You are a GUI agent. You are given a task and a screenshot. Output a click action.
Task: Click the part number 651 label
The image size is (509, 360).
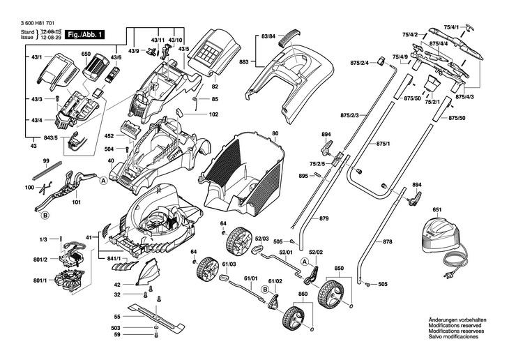pos(437,209)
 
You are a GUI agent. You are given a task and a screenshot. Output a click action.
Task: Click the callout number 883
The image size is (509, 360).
pos(244,61)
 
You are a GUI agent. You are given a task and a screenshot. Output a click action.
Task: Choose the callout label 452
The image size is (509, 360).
pos(109,136)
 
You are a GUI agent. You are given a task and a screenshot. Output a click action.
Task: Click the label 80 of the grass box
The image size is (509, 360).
pos(275,133)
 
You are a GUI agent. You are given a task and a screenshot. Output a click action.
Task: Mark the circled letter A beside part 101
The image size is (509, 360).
pos(103,180)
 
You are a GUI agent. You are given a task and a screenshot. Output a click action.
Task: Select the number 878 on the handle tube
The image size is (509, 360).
pos(388,242)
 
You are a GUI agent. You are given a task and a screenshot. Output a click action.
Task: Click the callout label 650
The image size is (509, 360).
pos(86,54)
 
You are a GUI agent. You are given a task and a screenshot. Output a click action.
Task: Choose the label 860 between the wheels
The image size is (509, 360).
pos(303,294)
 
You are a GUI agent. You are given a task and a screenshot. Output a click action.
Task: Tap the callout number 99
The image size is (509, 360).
pos(45,161)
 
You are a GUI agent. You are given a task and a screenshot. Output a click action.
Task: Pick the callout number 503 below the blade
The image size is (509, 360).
pos(116,327)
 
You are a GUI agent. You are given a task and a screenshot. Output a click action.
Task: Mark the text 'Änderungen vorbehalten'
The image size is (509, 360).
pos(457,320)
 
